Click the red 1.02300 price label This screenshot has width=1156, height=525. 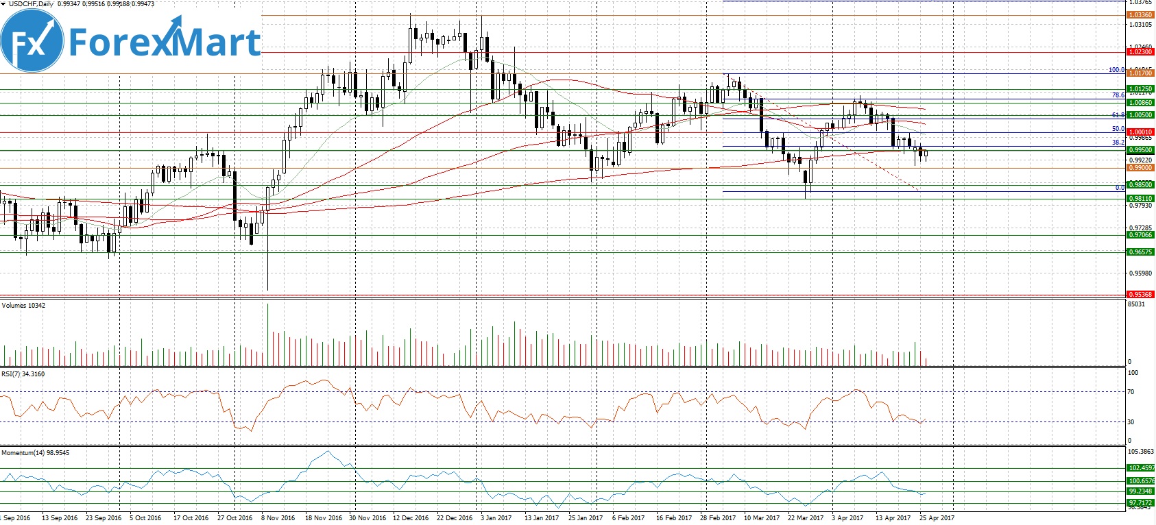pyautogui.click(x=1140, y=52)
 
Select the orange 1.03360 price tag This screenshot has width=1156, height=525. pyautogui.click(x=1140, y=15)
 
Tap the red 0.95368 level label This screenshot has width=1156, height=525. pyautogui.click(x=1140, y=295)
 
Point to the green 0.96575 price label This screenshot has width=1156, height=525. pyautogui.click(x=1140, y=252)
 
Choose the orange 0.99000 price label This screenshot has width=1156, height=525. pyautogui.click(x=1140, y=168)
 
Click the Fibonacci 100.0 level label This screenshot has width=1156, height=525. pyautogui.click(x=1116, y=70)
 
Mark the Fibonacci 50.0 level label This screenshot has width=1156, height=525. pyautogui.click(x=1118, y=129)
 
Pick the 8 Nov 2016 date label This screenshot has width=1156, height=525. pyautogui.click(x=278, y=518)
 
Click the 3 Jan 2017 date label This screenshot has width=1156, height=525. pyautogui.click(x=496, y=518)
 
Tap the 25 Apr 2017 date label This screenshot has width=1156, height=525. pyautogui.click(x=937, y=518)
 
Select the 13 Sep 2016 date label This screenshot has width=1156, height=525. pyautogui.click(x=60, y=518)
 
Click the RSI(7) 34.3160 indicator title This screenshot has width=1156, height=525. pyautogui.click(x=23, y=374)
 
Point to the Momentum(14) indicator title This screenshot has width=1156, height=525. pyautogui.click(x=35, y=453)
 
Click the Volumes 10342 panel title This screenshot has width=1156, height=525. pyautogui.click(x=23, y=306)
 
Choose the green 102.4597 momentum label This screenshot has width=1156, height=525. pyautogui.click(x=1140, y=468)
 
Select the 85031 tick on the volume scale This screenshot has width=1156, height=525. pyautogui.click(x=1136, y=304)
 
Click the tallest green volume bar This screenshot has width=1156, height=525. pyautogui.click(x=267, y=334)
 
